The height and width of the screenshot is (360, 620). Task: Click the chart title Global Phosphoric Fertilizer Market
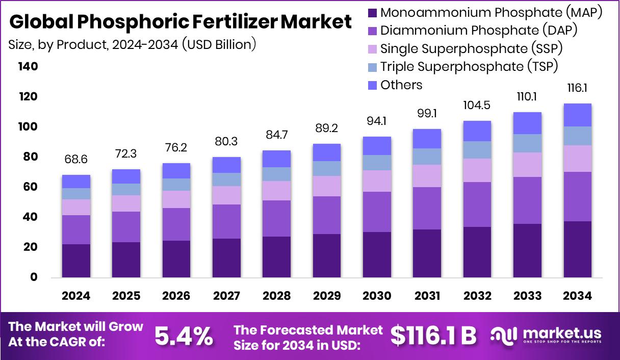[180, 22]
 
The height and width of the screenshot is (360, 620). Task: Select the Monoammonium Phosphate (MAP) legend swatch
[372, 12]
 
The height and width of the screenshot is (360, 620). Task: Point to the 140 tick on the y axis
[28, 67]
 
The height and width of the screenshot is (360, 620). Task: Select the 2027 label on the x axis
[226, 296]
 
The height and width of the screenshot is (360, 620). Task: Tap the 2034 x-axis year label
[578, 296]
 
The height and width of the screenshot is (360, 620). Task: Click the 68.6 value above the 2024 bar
[76, 160]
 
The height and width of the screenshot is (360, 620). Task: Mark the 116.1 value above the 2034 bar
[578, 88]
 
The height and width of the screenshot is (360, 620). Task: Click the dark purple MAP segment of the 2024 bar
[76, 261]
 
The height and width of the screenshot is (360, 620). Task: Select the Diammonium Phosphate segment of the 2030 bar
[377, 212]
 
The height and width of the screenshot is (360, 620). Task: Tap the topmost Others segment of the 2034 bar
[578, 115]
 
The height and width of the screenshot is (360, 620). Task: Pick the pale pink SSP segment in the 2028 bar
[276, 190]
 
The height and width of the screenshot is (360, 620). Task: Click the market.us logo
[546, 335]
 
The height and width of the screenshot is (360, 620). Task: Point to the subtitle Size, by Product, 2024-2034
[132, 44]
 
